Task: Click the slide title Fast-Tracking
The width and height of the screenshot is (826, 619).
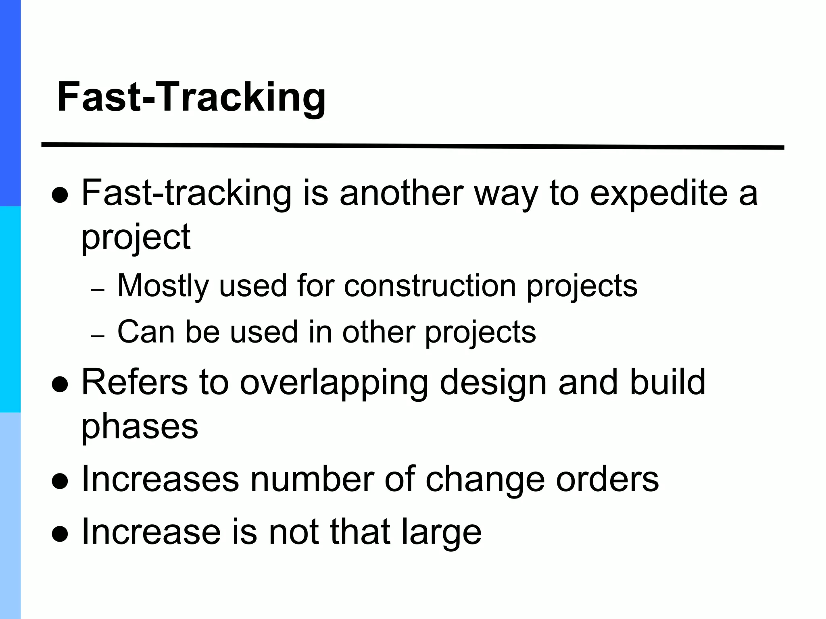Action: (x=191, y=98)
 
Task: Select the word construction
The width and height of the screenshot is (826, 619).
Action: (x=430, y=286)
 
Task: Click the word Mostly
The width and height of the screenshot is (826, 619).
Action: (x=163, y=286)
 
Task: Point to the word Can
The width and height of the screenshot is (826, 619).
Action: (x=146, y=332)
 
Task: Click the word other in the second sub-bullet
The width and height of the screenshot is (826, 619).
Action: (x=378, y=332)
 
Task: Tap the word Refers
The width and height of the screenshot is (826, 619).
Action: (x=135, y=382)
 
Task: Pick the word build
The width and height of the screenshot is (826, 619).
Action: (x=667, y=382)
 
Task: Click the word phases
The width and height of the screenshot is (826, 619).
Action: (x=140, y=427)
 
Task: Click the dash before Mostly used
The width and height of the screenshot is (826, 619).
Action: (x=98, y=290)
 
